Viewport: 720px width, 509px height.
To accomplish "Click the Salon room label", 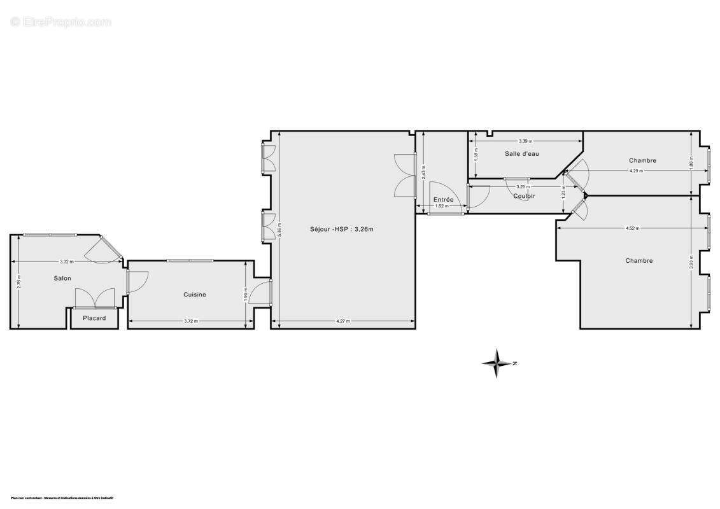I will (x=62, y=278).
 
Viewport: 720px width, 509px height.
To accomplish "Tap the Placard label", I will (x=94, y=318).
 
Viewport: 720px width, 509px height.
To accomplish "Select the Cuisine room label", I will (x=195, y=295).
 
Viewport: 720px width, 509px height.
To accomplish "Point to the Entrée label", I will (x=443, y=200).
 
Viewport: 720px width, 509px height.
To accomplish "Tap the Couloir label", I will (x=524, y=196).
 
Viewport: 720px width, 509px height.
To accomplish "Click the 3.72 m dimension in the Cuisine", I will (x=191, y=321).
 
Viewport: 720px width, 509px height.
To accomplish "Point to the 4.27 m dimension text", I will (x=343, y=321).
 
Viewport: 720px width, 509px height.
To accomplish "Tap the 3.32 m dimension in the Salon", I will (x=67, y=261).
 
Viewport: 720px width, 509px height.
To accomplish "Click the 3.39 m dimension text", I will (x=525, y=141).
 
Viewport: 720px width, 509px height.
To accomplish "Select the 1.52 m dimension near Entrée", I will (x=441, y=206).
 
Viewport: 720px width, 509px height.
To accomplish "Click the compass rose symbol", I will (x=497, y=363).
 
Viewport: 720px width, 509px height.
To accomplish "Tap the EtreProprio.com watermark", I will (x=61, y=22).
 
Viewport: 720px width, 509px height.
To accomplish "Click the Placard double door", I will (x=95, y=298).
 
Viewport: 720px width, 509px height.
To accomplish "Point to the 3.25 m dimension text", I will (x=521, y=186).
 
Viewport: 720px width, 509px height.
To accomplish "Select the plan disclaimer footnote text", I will (x=62, y=498).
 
